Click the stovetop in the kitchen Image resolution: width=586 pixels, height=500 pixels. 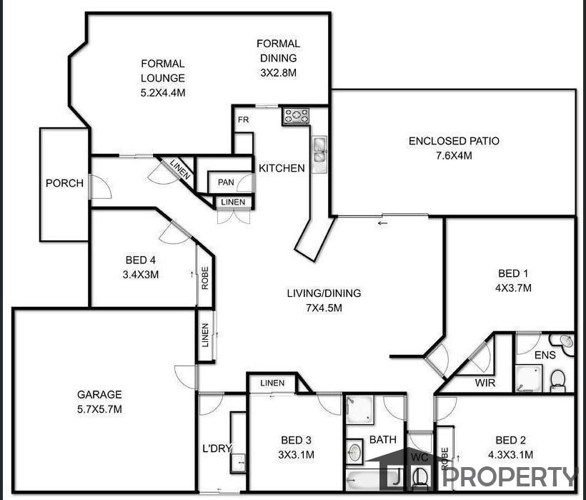pyautogui.click(x=296, y=116)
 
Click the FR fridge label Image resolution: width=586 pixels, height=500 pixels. pyautogui.click(x=243, y=120)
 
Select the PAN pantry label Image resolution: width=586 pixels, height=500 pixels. pyautogui.click(x=226, y=182)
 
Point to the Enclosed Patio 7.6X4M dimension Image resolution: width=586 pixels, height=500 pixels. pyautogui.click(x=454, y=155)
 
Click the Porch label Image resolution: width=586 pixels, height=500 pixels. pyautogui.click(x=64, y=183)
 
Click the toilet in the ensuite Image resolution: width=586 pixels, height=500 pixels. pyautogui.click(x=557, y=381)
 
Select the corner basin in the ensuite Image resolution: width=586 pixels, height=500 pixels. pyautogui.click(x=563, y=343)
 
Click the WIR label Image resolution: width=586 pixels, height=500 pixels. pyautogui.click(x=485, y=383)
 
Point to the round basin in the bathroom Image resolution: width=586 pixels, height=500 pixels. pyautogui.click(x=354, y=451)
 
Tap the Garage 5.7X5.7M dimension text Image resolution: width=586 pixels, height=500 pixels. pyautogui.click(x=99, y=409)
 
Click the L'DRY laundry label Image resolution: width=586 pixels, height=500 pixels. pyautogui.click(x=217, y=448)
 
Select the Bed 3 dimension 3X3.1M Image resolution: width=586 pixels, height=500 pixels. pyautogui.click(x=296, y=455)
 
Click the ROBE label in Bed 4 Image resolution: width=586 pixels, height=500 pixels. pyautogui.click(x=205, y=278)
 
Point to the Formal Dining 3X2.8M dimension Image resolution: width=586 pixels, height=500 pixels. pyautogui.click(x=279, y=72)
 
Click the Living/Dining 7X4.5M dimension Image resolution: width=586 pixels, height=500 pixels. pyautogui.click(x=324, y=308)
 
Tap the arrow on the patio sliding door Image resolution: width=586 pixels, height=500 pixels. pyautogui.click(x=383, y=224)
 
